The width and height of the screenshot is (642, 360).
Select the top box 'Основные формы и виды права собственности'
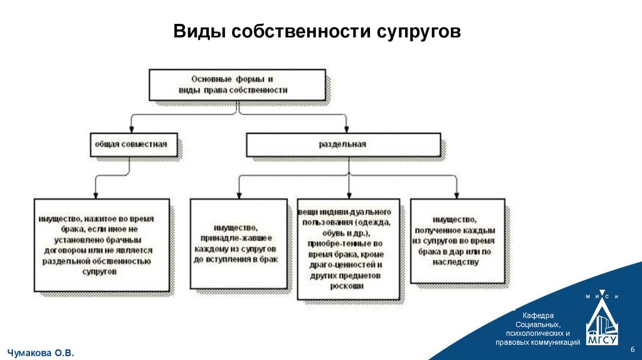pyautogui.click(x=237, y=85)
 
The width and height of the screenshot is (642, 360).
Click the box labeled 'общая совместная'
pyautogui.click(x=131, y=144)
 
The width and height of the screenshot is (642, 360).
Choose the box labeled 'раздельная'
pyautogui.click(x=344, y=144)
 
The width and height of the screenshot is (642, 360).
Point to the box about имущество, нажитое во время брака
pyautogui.click(x=101, y=245)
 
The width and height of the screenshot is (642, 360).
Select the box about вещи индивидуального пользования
pyautogui.click(x=349, y=250)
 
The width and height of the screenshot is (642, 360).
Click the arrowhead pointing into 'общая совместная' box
pyautogui.click(x=131, y=129)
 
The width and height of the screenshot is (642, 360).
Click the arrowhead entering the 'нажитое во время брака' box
pyautogui.click(x=95, y=194)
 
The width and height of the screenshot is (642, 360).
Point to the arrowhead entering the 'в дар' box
pyautogui.click(x=456, y=194)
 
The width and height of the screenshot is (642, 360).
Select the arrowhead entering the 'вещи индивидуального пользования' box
pyautogui.click(x=349, y=194)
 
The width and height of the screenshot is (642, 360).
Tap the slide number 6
pyautogui.click(x=632, y=349)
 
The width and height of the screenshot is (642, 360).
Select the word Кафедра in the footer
pyautogui.click(x=537, y=314)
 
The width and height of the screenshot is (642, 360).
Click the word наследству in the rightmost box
pyautogui.click(x=456, y=262)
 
